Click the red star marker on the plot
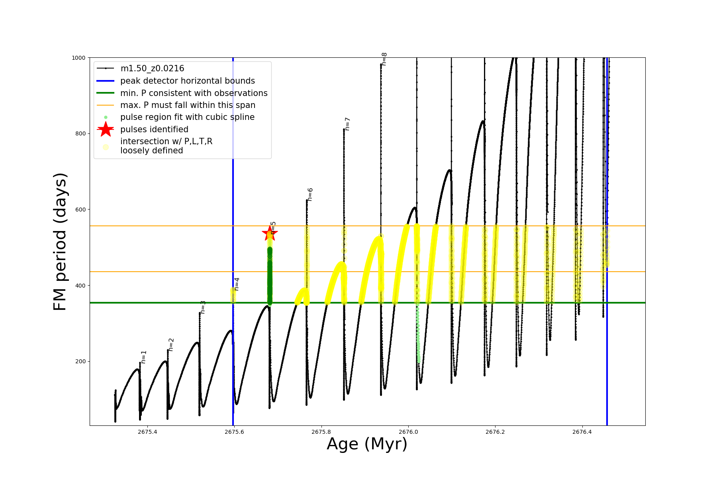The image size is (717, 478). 270,233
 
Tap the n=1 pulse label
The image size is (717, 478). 144,357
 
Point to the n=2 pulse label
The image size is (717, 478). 171,345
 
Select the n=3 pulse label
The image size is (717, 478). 203,307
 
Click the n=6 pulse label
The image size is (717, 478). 310,194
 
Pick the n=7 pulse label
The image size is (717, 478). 347,124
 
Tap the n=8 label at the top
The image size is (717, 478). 384,59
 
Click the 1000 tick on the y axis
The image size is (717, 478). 78,58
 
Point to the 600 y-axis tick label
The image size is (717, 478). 80,210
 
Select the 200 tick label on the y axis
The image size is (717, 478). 80,361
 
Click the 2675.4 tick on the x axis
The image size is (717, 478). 147,432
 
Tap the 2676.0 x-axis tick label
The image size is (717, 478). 408,432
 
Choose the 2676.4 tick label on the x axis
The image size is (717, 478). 582,432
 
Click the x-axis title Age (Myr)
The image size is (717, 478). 367,444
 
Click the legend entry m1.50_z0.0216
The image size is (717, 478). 152,69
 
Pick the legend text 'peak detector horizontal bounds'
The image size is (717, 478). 187,81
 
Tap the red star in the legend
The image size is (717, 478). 106,129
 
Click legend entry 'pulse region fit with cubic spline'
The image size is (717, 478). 187,117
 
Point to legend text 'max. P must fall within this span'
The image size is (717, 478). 188,105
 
